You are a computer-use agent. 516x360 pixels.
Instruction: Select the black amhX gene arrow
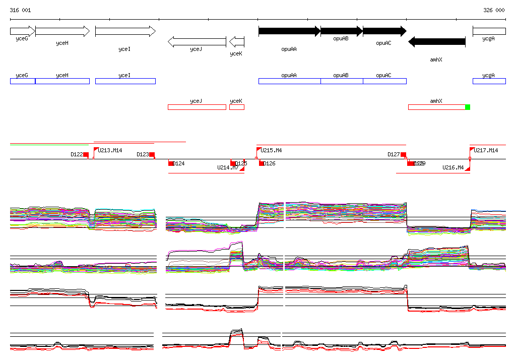(436, 42)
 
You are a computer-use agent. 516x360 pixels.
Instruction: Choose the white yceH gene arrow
(62, 31)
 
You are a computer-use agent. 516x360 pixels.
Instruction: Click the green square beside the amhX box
(468, 107)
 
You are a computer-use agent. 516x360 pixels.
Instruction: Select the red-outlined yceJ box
(197, 107)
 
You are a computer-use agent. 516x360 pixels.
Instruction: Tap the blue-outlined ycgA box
(489, 81)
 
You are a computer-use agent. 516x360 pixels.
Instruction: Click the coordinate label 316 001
(20, 10)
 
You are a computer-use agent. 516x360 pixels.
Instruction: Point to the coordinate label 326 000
(494, 10)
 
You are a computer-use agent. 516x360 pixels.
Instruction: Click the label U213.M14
(110, 150)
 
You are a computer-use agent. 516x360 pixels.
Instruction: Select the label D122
(77, 155)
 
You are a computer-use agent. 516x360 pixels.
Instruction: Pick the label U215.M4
(272, 150)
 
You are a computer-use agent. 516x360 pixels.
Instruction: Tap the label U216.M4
(453, 167)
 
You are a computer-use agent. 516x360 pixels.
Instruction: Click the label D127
(394, 155)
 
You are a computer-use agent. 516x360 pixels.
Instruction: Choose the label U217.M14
(486, 150)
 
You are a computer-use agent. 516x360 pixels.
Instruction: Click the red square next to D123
(152, 155)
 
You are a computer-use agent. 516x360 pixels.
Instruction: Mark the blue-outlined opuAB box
(342, 81)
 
